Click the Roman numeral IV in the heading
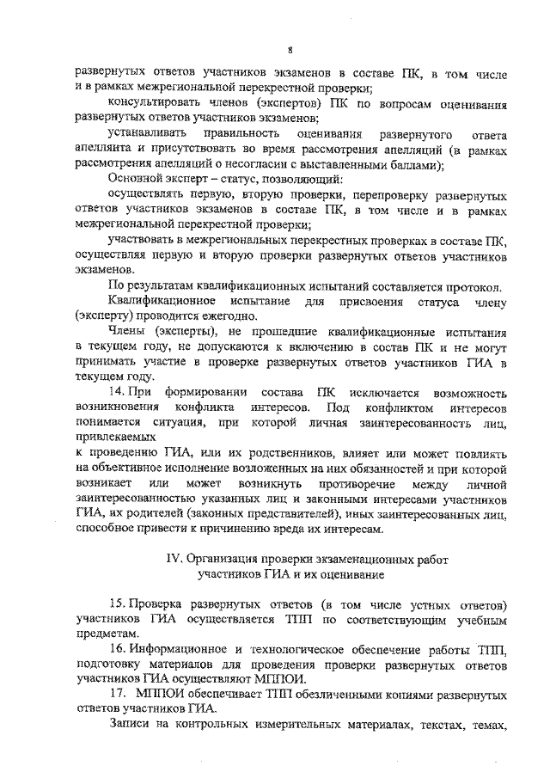tap(174, 558)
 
